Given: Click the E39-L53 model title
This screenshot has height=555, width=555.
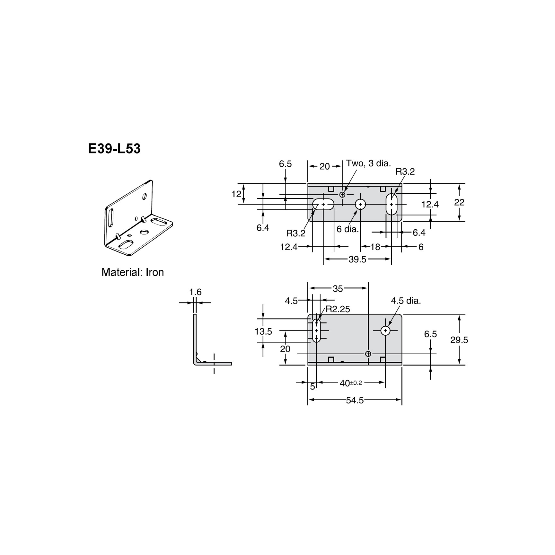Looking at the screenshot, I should [114, 149].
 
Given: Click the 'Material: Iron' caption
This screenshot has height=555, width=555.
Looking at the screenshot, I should [133, 272].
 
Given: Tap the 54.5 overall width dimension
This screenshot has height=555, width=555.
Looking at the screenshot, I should [355, 400].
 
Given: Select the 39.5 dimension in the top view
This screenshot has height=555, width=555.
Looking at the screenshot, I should [357, 260].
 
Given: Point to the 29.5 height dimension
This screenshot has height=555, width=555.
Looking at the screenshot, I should [459, 340].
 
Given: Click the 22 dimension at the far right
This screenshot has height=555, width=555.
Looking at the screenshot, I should [459, 202].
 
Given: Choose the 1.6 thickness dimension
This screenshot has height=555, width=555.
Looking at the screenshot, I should [195, 292].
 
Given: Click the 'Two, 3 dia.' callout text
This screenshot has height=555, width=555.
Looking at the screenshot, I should [368, 163].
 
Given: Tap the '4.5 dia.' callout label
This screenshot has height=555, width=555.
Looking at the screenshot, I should [406, 301].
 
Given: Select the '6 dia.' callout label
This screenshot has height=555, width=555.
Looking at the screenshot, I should [348, 229].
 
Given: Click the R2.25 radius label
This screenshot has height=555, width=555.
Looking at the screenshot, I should [338, 309].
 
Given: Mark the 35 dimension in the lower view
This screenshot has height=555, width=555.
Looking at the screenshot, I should [338, 289].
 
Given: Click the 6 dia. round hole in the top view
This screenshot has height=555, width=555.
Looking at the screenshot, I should [360, 204].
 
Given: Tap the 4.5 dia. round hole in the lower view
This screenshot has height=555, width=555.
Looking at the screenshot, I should [385, 330].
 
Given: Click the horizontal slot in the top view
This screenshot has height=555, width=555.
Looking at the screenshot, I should [323, 204].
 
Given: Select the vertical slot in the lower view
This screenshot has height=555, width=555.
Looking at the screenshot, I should [316, 330].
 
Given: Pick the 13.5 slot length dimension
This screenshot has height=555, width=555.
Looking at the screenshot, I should [263, 331].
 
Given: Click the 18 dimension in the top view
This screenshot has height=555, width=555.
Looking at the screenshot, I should [375, 247].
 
